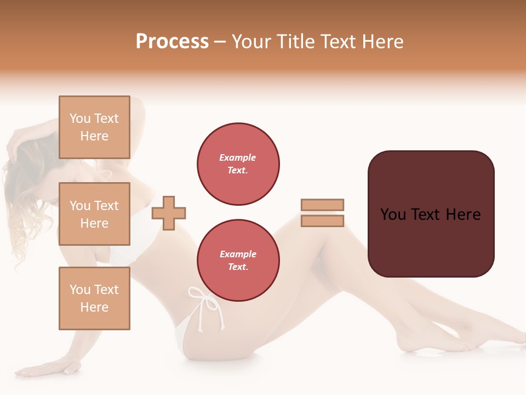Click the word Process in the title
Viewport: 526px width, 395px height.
click(x=172, y=42)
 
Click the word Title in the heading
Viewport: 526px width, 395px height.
click(x=296, y=42)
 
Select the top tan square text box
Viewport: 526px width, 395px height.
click(x=94, y=127)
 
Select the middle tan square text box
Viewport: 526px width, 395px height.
click(x=94, y=214)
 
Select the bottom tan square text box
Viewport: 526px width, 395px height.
click(x=94, y=298)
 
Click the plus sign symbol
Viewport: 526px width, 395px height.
click(x=169, y=213)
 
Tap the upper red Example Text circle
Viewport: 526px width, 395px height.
click(x=238, y=164)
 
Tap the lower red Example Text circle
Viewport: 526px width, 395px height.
click(x=238, y=261)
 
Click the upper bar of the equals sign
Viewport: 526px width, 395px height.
click(x=322, y=205)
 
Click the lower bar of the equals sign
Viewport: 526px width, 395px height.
click(x=322, y=221)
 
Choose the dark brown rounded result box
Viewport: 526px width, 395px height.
click(x=431, y=214)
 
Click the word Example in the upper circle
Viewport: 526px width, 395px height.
click(x=238, y=157)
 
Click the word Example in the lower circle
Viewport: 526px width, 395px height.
click(x=238, y=254)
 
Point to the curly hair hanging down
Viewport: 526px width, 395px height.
click(x=22, y=219)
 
